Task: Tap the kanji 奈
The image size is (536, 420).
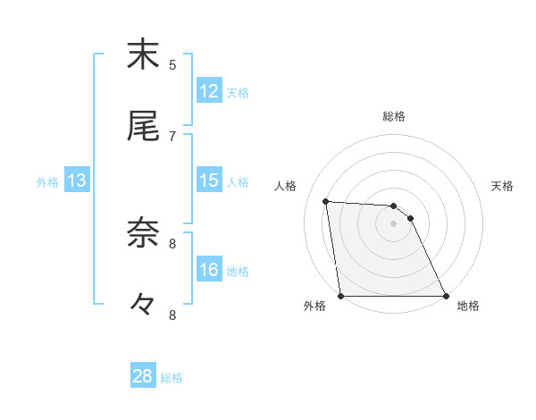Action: (x=143, y=233)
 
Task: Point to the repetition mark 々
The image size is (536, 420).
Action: (x=143, y=305)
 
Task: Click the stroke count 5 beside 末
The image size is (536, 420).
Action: (x=172, y=64)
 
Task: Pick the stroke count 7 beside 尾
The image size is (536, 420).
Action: (x=172, y=136)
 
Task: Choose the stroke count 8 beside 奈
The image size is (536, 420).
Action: (x=172, y=243)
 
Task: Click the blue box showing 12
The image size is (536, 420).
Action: (x=208, y=91)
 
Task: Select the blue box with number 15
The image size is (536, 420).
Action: (x=208, y=181)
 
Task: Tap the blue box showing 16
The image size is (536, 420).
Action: (x=208, y=270)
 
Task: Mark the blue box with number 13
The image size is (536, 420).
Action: (x=76, y=181)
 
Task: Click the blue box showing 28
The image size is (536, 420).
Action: (x=142, y=376)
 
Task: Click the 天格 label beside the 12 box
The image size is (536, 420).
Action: (x=237, y=93)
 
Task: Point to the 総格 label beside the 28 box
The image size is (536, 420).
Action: (x=172, y=378)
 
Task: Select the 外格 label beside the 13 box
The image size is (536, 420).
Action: (x=47, y=182)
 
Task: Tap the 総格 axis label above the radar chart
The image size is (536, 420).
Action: (x=394, y=116)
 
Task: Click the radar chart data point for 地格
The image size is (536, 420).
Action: (x=446, y=296)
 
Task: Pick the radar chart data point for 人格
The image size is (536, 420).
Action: (x=326, y=201)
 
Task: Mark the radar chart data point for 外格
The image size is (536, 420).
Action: (x=341, y=296)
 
